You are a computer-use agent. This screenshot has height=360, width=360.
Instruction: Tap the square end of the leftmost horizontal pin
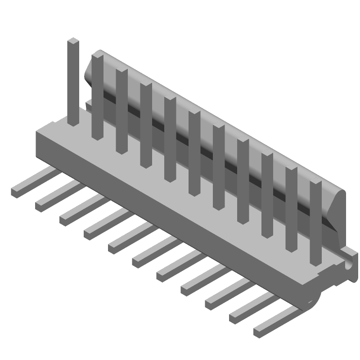click(16, 192)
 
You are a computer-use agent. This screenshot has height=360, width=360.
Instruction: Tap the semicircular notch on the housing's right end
click(349, 266)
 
